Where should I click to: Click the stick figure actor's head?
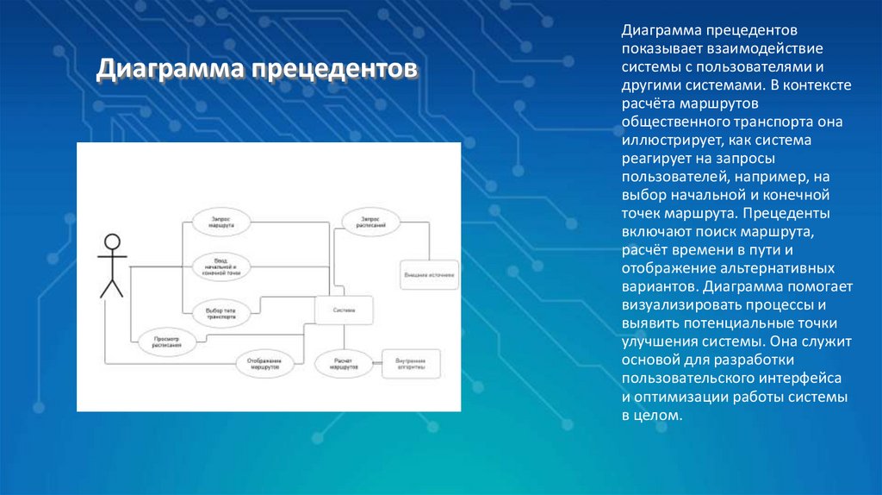pos(111,241)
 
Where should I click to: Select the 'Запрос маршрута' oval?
pos(220,222)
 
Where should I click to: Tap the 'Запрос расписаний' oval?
pos(372,222)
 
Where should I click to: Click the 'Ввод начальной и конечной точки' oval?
pos(220,267)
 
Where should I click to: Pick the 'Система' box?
pos(343,310)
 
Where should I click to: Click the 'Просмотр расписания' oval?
pos(167,341)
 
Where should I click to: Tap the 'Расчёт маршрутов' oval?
pos(343,363)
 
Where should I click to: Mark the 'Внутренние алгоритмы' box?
pos(411,363)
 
